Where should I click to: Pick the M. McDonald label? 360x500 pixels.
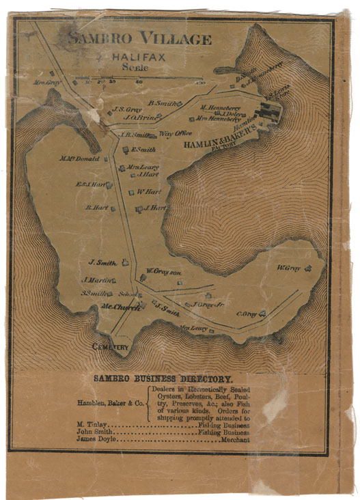(x=79, y=159)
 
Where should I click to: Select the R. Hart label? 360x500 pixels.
(x=97, y=208)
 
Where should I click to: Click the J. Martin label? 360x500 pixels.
(x=96, y=280)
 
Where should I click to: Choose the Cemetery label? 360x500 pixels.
(x=110, y=347)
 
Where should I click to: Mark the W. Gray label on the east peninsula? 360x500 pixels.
(x=289, y=267)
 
